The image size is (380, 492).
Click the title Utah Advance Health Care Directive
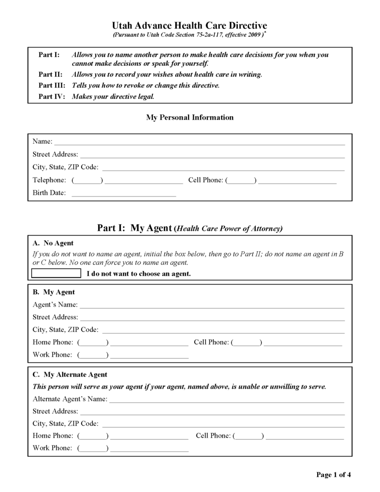click(190, 25)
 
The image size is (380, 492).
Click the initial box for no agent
click(56, 274)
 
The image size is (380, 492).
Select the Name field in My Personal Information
click(199, 142)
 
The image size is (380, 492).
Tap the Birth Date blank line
click(123, 193)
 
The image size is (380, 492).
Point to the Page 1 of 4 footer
click(333, 475)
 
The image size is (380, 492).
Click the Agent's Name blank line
click(212, 305)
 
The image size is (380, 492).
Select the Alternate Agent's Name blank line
click(227, 399)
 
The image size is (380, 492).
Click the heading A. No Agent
click(53, 243)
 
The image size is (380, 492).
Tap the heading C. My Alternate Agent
click(70, 374)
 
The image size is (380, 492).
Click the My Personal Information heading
click(190, 117)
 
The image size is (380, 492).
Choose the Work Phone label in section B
click(52, 355)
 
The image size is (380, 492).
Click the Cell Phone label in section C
click(213, 436)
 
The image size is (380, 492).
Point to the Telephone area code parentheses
click(87, 180)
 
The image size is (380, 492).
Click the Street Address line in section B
click(212, 317)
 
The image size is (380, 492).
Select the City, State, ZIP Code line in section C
click(223, 424)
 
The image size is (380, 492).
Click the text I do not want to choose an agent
click(139, 274)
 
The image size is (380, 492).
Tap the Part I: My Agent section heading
click(190, 228)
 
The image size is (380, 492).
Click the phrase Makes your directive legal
click(113, 96)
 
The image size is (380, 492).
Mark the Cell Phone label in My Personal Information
click(206, 180)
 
